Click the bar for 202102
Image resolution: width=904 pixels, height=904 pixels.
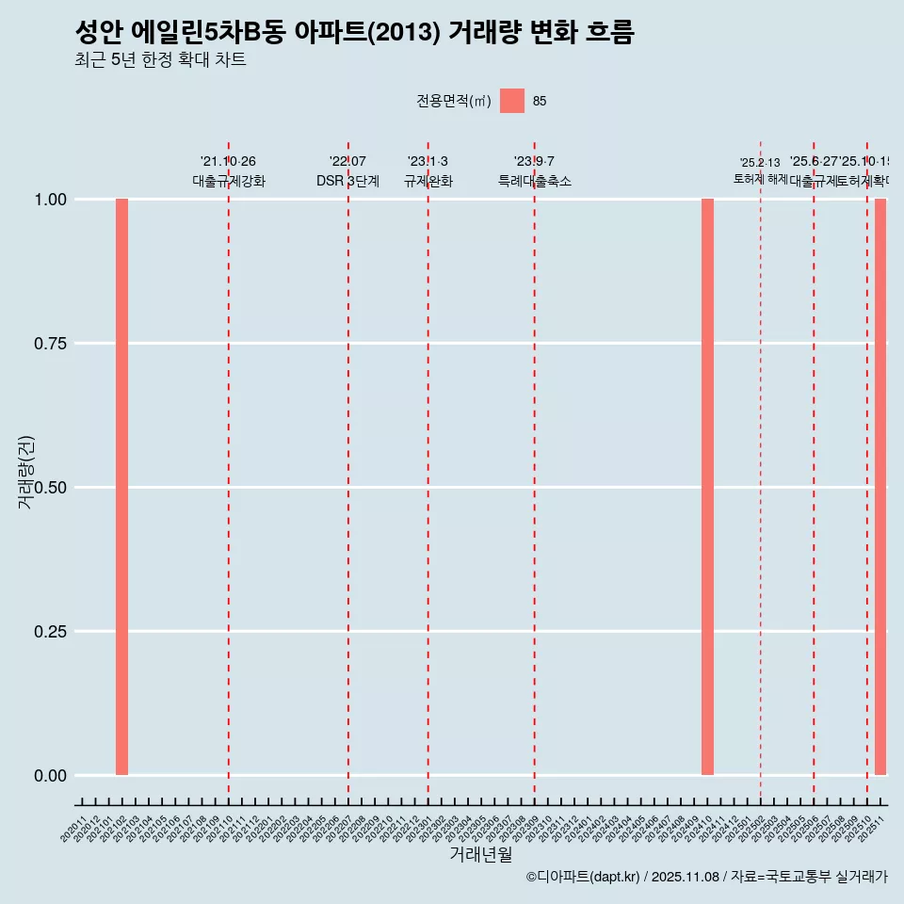[x=121, y=487]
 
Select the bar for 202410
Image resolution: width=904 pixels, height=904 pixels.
[x=707, y=487]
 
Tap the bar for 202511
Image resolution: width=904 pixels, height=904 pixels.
[x=880, y=487]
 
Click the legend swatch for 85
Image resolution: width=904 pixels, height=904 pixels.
[x=512, y=101]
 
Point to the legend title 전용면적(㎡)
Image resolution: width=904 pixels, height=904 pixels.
[x=454, y=102]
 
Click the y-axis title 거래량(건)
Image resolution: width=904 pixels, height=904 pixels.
[x=26, y=472]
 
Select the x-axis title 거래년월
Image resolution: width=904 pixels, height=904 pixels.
[x=480, y=855]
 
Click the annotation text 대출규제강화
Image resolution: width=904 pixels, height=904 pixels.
[x=229, y=181]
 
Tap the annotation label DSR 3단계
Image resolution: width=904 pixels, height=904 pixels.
[x=347, y=181]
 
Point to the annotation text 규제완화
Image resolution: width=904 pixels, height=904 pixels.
[x=428, y=181]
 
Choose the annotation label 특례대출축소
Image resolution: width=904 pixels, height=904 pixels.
[x=535, y=181]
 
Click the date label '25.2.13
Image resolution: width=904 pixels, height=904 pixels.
[x=760, y=163]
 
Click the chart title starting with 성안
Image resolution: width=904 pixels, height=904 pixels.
[x=354, y=32]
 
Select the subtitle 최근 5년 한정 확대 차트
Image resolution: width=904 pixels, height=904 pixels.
[x=160, y=61]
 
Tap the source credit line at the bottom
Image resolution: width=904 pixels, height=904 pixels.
[x=706, y=877]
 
